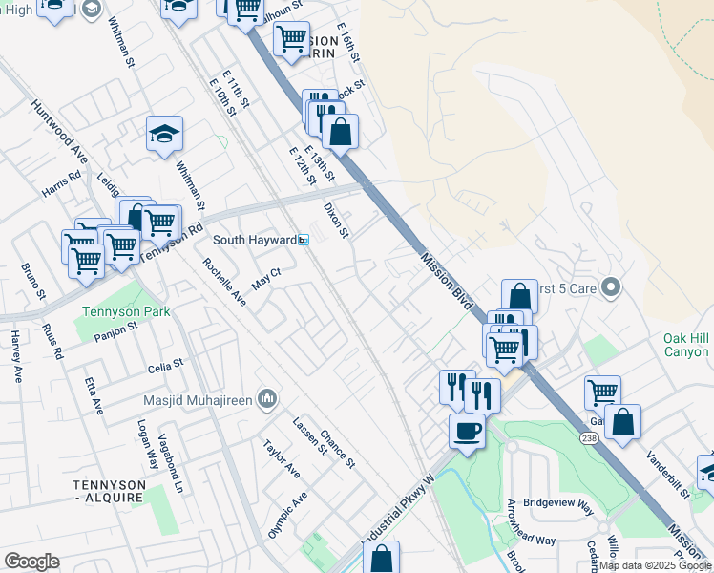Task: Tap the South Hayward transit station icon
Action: pyautogui.click(x=304, y=241)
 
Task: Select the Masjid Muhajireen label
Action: pyautogui.click(x=198, y=398)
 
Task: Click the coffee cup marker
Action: pyautogui.click(x=467, y=432)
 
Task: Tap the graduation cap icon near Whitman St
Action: pyautogui.click(x=164, y=135)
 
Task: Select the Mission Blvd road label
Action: pyautogui.click(x=447, y=281)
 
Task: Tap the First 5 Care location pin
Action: pyautogui.click(x=614, y=286)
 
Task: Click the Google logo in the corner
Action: pyautogui.click(x=31, y=562)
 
